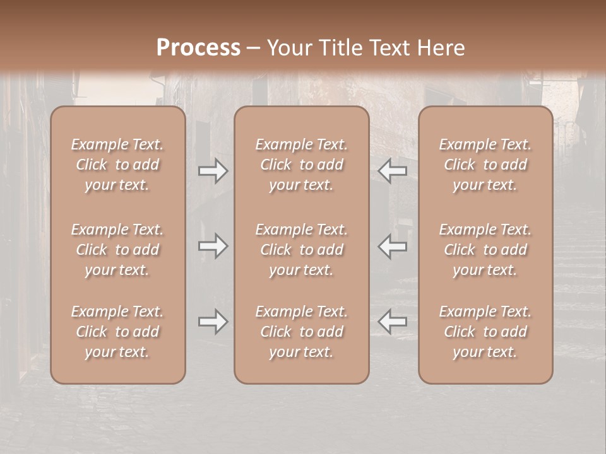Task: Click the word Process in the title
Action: point(198,48)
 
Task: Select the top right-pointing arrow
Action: point(213,171)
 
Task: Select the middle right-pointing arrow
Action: point(213,246)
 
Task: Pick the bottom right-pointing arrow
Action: point(213,322)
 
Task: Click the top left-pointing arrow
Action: point(392,171)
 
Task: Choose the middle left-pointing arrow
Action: point(392,246)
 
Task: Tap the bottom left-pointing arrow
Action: point(392,322)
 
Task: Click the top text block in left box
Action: point(117,165)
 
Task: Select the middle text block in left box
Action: point(117,250)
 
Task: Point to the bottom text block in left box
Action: point(117,332)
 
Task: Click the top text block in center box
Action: point(301,165)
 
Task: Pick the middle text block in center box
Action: point(301,250)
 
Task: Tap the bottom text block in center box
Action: point(301,332)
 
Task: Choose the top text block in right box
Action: point(485,165)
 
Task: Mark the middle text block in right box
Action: point(485,250)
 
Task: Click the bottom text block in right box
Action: point(485,332)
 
